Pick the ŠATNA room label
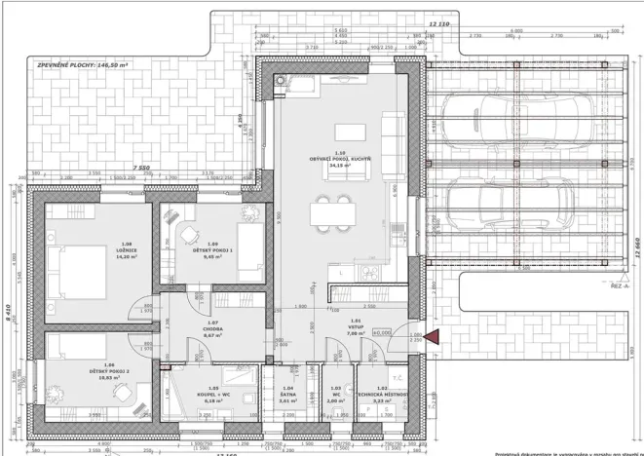(x=287, y=395)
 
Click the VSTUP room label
(x=356, y=326)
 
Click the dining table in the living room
(x=332, y=212)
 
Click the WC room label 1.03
(x=335, y=395)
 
